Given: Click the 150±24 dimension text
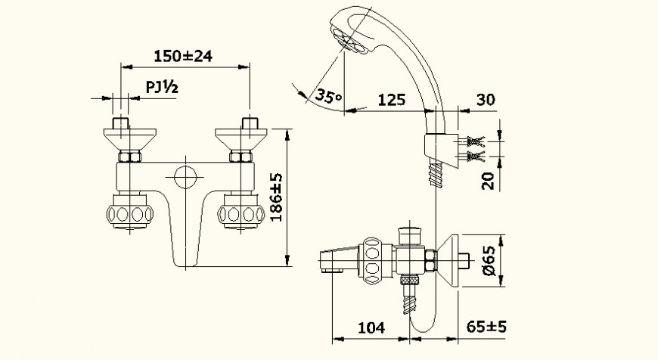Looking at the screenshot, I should tap(182, 57).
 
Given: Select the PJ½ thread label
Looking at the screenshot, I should tap(161, 88).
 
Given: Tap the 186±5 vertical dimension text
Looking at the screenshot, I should tap(276, 197).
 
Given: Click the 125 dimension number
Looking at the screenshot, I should tap(392, 99).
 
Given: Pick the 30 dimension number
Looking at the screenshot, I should tap(485, 99).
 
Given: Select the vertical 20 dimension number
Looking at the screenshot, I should tap(488, 180).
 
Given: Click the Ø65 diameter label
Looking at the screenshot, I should tap(489, 261).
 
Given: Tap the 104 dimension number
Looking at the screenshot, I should tap(371, 327).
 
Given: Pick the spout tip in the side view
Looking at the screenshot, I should tap(330, 262).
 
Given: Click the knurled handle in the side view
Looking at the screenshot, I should tap(373, 262).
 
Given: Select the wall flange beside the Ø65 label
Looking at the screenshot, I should tap(455, 262).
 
